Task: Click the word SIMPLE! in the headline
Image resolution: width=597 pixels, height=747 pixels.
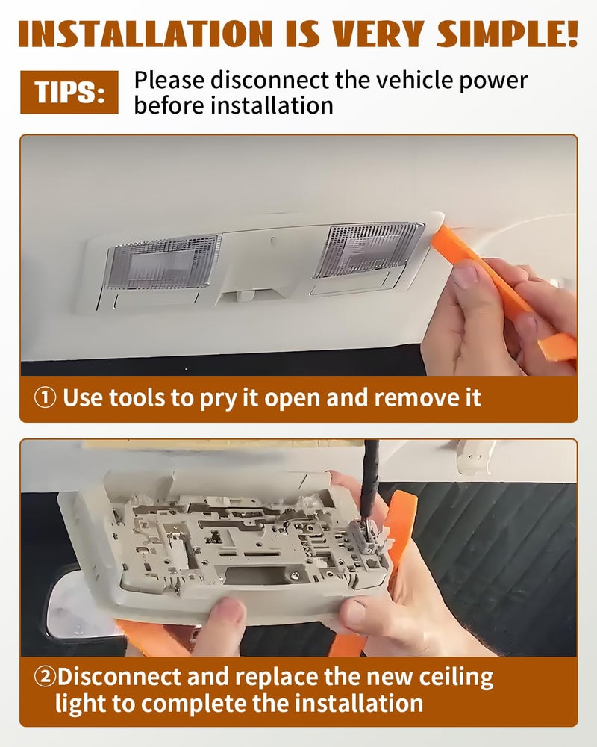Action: tap(507, 34)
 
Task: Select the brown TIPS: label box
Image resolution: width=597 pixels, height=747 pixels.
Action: tap(69, 92)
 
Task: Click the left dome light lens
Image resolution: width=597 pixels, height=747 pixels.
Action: tap(163, 261)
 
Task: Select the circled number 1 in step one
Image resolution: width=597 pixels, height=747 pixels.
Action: tap(46, 397)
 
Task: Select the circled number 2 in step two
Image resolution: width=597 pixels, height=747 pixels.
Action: tap(45, 676)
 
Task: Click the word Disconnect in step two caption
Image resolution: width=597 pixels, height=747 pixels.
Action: tap(119, 677)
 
